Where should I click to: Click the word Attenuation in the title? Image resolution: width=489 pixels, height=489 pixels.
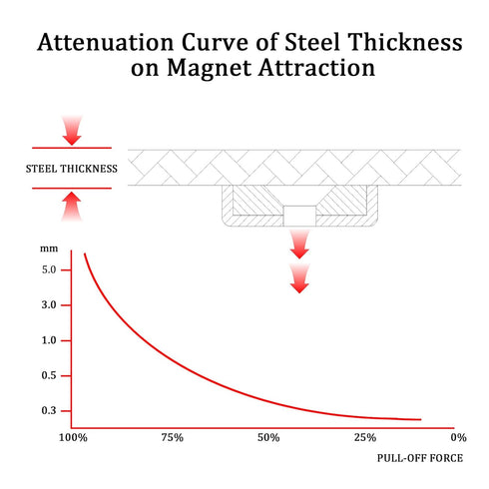(x=106, y=42)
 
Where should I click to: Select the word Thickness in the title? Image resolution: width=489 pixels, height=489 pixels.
(x=405, y=42)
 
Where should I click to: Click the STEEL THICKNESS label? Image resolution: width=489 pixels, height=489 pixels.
(x=72, y=169)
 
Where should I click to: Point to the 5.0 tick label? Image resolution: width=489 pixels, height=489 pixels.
(x=49, y=269)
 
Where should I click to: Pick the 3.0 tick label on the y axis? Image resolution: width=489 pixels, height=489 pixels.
(x=49, y=305)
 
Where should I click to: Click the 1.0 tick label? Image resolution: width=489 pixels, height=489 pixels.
(x=49, y=340)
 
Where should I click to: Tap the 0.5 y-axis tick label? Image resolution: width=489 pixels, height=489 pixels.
(x=49, y=375)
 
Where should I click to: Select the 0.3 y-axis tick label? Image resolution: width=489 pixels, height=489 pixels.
(x=49, y=411)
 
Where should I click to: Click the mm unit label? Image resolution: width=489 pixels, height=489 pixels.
(x=49, y=248)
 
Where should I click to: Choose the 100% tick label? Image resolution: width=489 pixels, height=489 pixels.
(x=73, y=437)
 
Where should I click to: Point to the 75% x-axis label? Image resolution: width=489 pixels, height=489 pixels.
(x=173, y=437)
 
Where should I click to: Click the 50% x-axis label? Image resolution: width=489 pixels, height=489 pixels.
(x=268, y=437)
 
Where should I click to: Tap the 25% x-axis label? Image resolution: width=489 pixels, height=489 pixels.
(x=365, y=437)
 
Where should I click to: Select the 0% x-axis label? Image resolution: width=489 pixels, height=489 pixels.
(x=458, y=437)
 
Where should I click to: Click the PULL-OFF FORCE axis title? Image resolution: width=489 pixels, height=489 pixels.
(x=420, y=458)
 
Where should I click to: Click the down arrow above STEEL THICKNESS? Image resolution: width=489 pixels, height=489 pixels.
(x=72, y=131)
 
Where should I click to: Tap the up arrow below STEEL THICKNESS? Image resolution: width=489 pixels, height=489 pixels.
(x=72, y=207)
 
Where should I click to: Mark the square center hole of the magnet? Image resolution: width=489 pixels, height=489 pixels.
(x=299, y=217)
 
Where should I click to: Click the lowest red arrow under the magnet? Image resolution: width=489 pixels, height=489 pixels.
(x=299, y=278)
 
